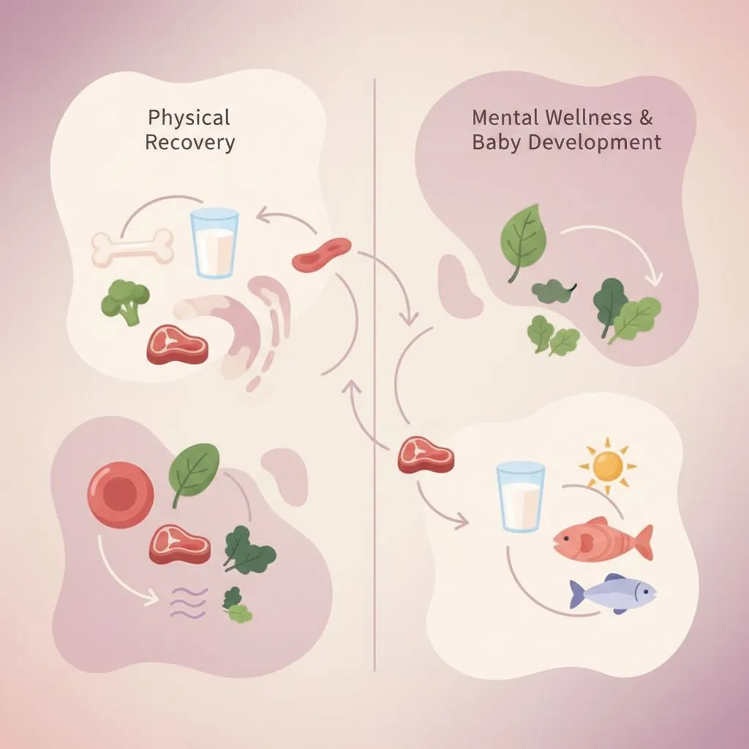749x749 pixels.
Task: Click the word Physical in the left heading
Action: click(x=189, y=118)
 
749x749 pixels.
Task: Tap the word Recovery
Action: click(x=190, y=143)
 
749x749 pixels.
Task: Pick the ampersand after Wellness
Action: click(x=645, y=118)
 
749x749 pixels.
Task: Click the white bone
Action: click(x=132, y=247)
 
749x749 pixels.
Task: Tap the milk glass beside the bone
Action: click(x=214, y=243)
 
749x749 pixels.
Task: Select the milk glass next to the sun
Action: click(x=520, y=497)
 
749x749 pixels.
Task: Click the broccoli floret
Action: click(x=125, y=301)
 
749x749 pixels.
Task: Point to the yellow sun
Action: click(x=607, y=466)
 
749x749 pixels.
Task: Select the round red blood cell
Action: click(x=121, y=494)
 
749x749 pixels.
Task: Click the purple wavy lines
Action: click(x=189, y=603)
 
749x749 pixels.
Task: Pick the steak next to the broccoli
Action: click(x=177, y=345)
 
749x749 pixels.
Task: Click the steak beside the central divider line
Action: click(x=426, y=454)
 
